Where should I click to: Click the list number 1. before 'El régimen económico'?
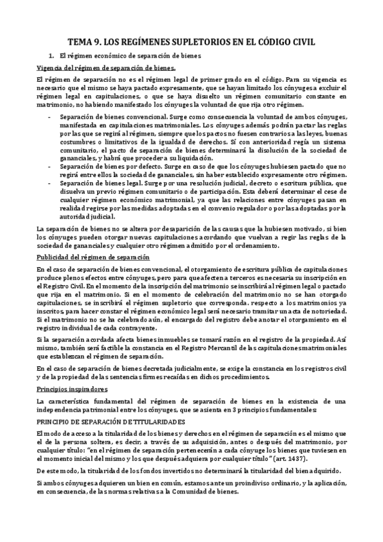[52, 56]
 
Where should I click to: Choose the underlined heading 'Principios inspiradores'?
[69, 388]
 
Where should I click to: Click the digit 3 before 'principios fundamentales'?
[236, 408]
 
